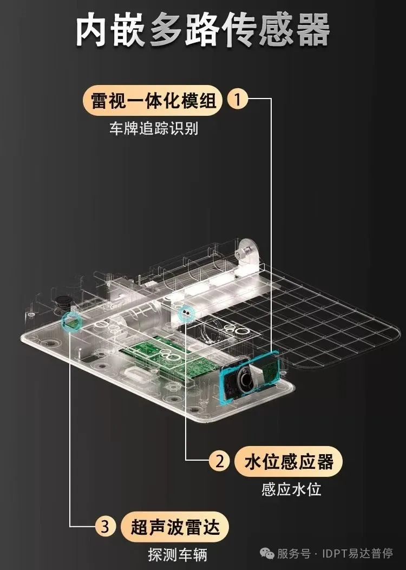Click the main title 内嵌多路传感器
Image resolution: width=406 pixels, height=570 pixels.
coord(203,30)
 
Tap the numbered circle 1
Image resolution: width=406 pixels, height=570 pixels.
coord(238,99)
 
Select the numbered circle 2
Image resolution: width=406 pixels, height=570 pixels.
coord(220,461)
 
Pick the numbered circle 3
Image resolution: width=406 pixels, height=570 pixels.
coord(106,526)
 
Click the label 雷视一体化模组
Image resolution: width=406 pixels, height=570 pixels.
coord(153,100)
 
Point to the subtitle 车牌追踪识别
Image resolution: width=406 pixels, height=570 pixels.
coord(154,128)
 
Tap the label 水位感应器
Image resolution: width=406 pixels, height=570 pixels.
coord(289,462)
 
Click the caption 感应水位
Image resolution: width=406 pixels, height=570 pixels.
coord(291,489)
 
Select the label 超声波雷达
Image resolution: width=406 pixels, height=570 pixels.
coord(175,527)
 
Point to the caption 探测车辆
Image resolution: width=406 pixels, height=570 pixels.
coord(178,554)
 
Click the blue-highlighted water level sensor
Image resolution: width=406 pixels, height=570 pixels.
coord(186,312)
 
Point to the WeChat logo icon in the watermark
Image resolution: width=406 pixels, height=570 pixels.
coord(267,554)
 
